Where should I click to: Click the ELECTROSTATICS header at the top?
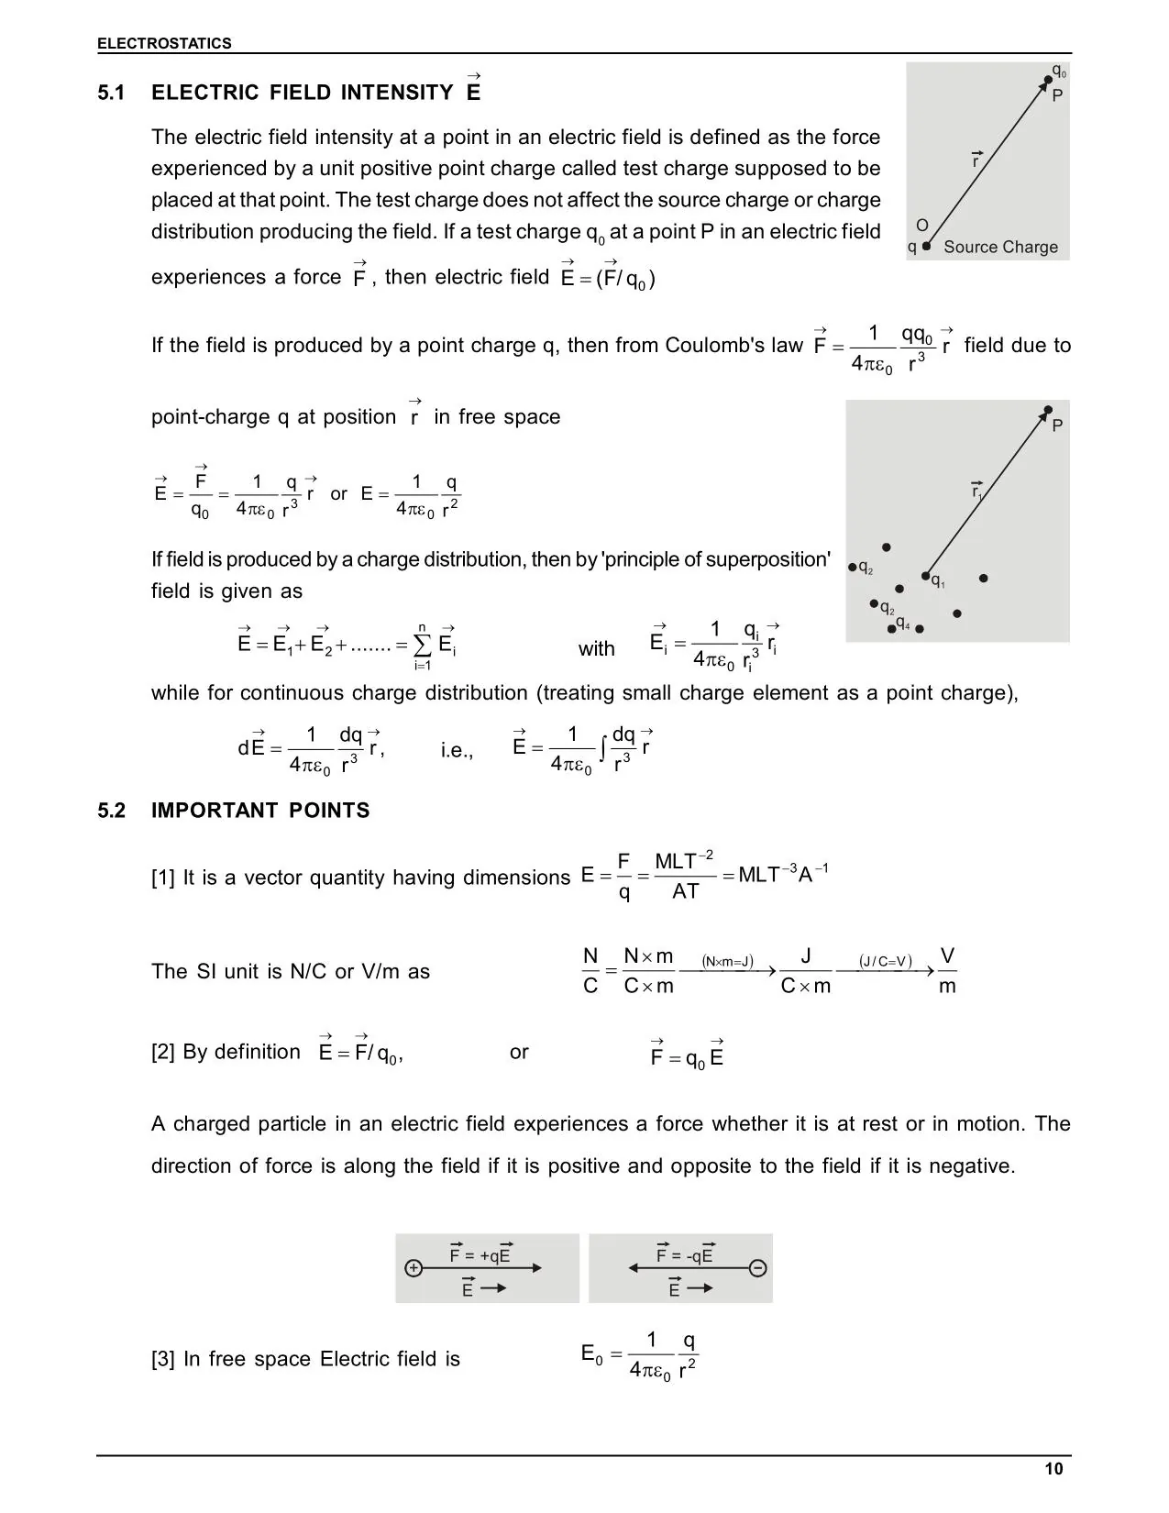[164, 43]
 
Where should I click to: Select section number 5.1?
[112, 93]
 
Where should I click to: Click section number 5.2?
[112, 811]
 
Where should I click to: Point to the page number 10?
[1053, 1469]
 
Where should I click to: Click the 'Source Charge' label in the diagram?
[1000, 247]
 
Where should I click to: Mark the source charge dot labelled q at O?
[926, 246]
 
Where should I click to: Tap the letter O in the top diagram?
[922, 226]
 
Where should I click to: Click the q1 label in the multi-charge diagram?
[938, 581]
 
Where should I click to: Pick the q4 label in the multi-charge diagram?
[903, 624]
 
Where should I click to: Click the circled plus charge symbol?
[414, 1268]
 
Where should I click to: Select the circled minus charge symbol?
[757, 1268]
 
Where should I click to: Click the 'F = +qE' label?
[480, 1255]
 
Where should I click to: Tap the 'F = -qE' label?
[685, 1255]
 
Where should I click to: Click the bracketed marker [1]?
[162, 878]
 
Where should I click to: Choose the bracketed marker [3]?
[162, 1359]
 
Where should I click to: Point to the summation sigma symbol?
[423, 645]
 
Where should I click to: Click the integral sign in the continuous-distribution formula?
[602, 749]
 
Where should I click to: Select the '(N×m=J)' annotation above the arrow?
[727, 961]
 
